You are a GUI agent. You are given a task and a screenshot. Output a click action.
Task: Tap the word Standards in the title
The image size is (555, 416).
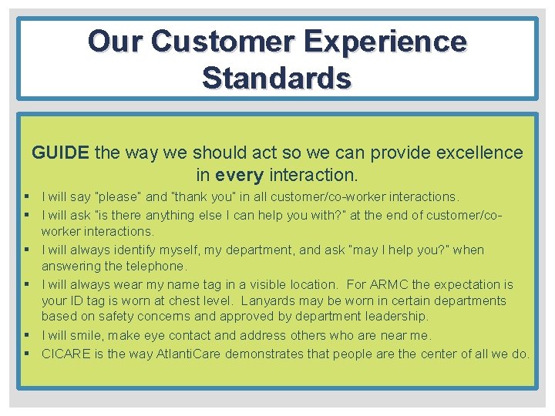[277, 77]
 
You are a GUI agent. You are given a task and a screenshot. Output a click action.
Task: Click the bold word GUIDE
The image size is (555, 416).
[60, 153]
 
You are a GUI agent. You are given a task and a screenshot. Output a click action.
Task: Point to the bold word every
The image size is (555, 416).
[240, 175]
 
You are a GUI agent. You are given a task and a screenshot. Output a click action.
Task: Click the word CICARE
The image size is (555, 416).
[66, 354]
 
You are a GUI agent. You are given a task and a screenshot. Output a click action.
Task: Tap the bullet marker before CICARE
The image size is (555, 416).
[26, 354]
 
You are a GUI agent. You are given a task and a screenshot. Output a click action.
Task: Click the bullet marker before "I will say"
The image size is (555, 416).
[26, 197]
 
